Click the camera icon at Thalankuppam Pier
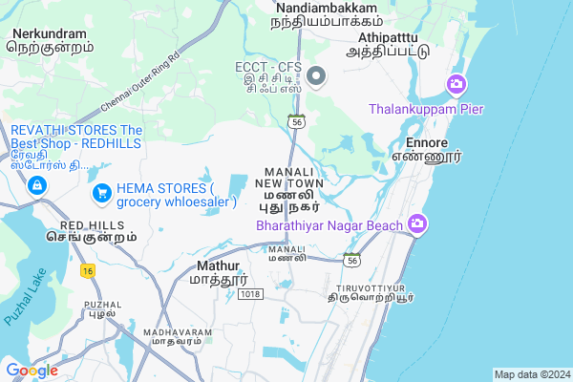tap(456, 86)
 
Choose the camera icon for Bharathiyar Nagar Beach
tap(416, 224)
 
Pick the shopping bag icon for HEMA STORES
tap(100, 195)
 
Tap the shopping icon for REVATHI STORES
tap(36, 184)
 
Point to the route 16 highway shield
tap(88, 271)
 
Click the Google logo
tap(32, 370)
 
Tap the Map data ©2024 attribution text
tap(531, 373)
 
